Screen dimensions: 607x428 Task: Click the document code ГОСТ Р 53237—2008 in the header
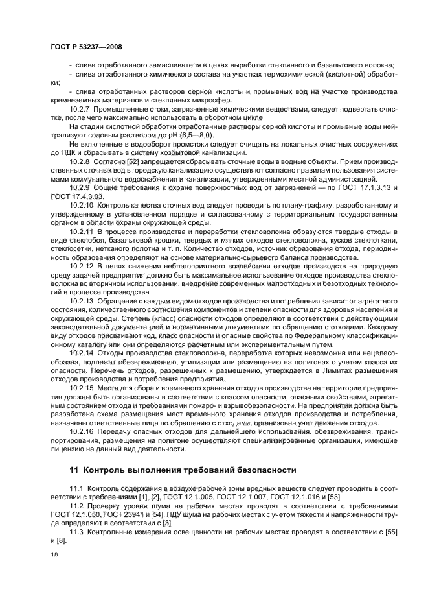click(86, 47)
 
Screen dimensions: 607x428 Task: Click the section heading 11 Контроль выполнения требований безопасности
click(183, 470)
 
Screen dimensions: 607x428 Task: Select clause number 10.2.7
click(81, 111)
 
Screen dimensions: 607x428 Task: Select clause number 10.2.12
click(82, 283)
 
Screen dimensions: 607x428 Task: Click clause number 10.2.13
click(82, 319)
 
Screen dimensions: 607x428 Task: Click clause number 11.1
click(76, 488)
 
